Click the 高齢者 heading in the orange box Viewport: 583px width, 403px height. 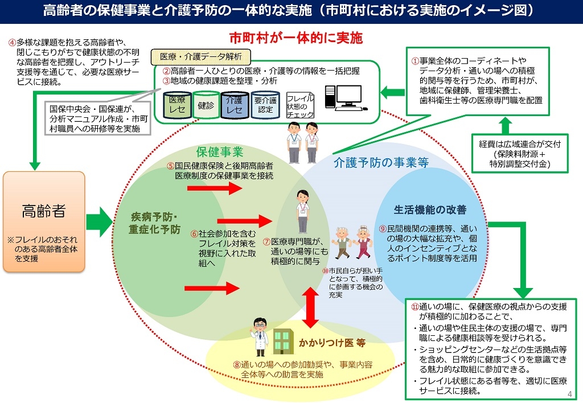(x=44, y=211)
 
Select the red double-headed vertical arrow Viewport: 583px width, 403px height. (x=311, y=307)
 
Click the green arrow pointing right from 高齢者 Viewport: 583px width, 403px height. (x=100, y=221)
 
